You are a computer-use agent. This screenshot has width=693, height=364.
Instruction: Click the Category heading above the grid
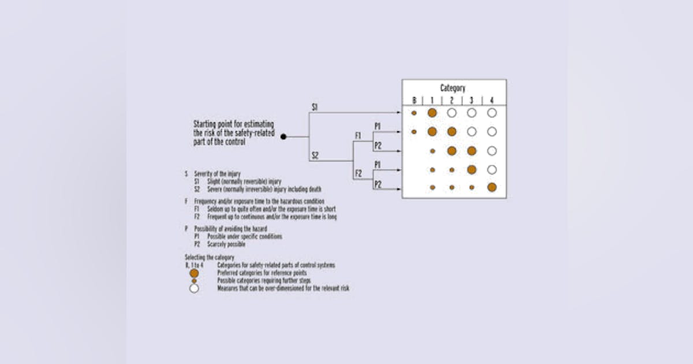(453, 88)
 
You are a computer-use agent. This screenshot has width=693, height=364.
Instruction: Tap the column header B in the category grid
(414, 101)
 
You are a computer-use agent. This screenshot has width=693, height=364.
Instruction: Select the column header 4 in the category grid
(491, 101)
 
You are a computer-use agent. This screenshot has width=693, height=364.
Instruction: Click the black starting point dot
(284, 137)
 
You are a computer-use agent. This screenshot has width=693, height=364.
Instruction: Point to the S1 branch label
(315, 107)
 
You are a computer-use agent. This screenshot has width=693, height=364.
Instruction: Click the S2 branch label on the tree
(315, 155)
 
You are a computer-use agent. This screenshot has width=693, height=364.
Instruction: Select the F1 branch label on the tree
(358, 136)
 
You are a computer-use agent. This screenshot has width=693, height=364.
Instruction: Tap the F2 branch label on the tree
(358, 173)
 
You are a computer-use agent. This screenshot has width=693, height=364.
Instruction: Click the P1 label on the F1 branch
(377, 125)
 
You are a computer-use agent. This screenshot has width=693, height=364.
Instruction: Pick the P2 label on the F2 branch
(377, 184)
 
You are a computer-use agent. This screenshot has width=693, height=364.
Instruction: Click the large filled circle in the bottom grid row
(491, 187)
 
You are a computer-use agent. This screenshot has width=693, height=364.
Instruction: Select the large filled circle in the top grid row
(432, 113)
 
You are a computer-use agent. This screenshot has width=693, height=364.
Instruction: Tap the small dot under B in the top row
(414, 113)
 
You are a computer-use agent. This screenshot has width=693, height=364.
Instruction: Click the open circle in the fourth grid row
(491, 170)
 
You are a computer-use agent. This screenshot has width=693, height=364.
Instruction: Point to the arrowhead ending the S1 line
(399, 113)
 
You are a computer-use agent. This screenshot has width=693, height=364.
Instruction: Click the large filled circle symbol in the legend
(194, 273)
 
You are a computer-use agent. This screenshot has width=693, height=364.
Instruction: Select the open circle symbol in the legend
(194, 288)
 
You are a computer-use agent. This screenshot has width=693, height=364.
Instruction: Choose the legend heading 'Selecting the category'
(209, 257)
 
